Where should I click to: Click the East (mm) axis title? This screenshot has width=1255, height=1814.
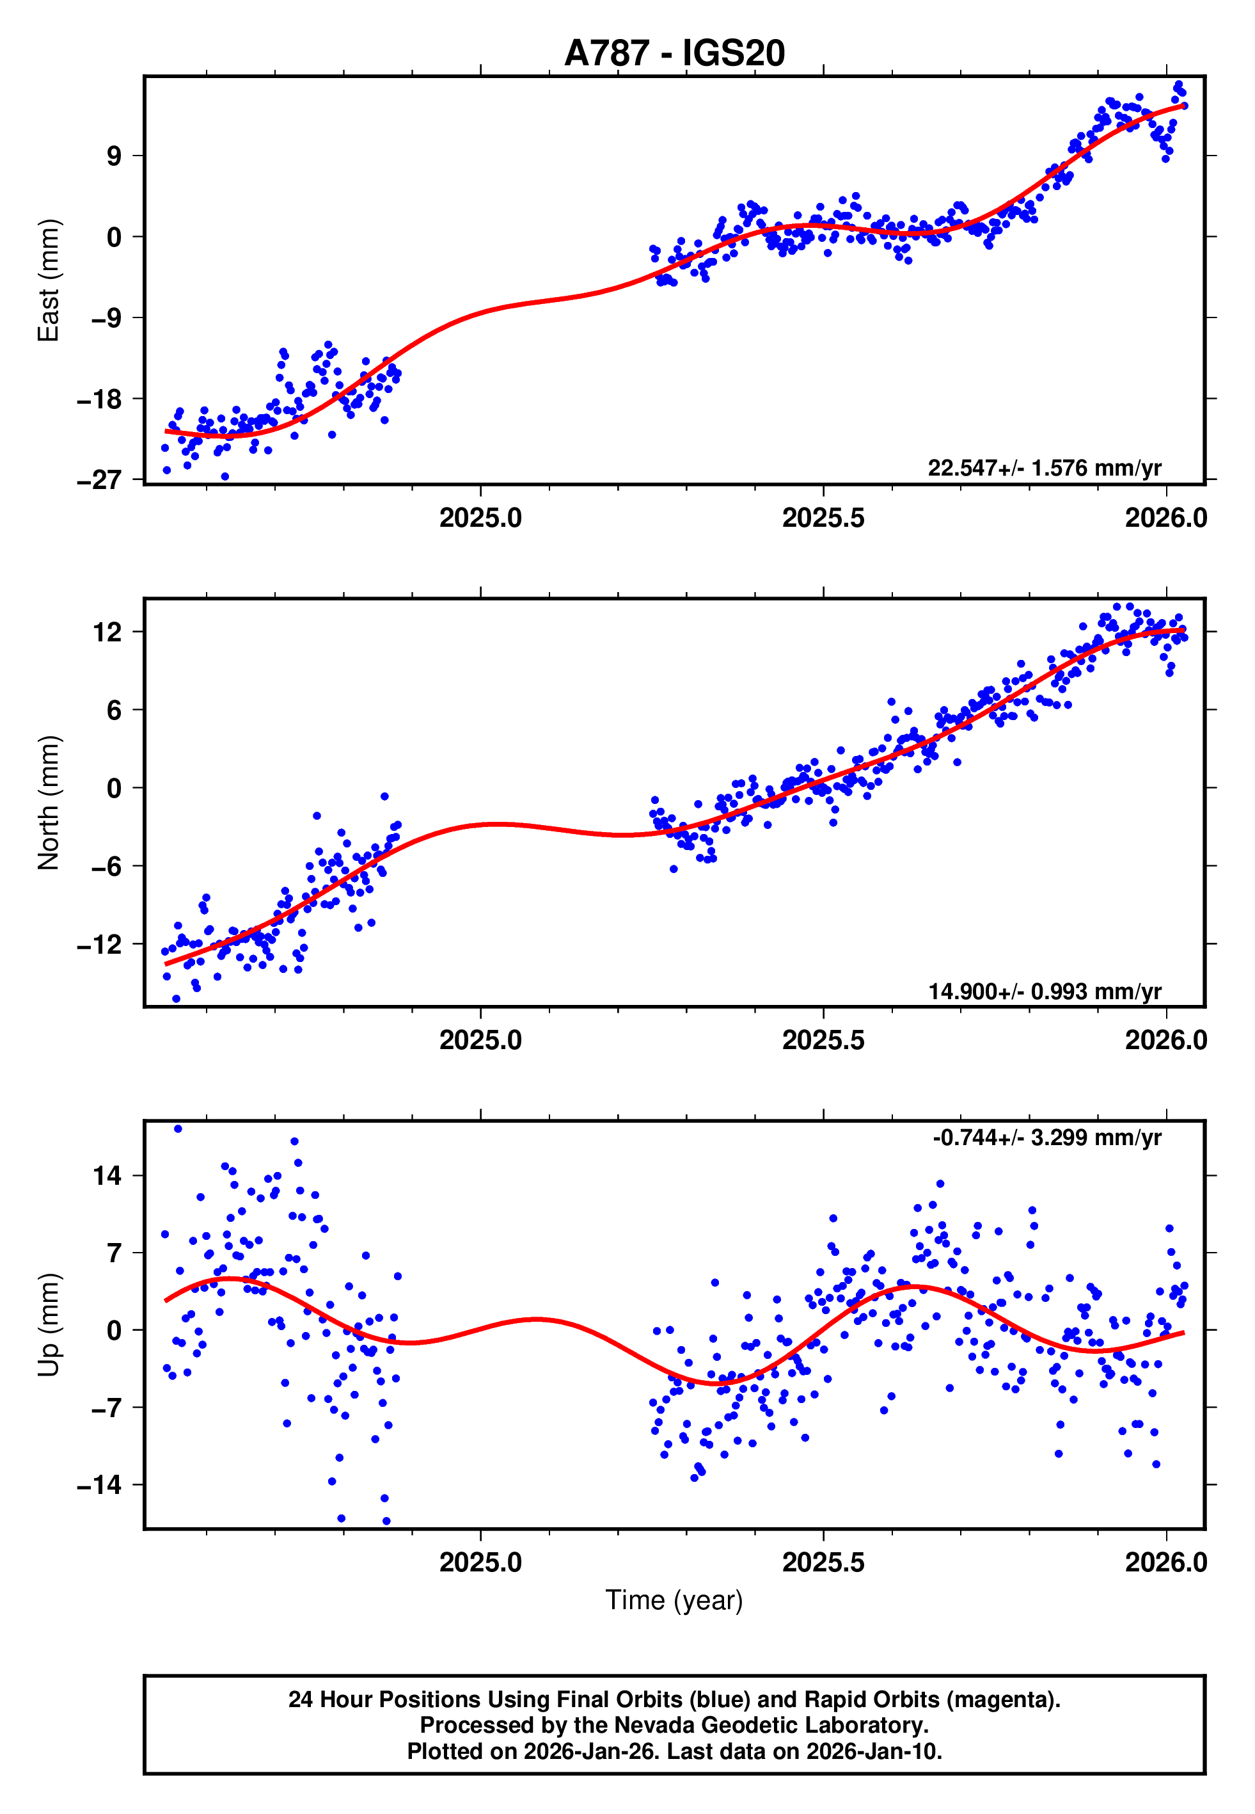click(x=49, y=281)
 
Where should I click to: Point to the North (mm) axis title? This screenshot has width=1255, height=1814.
click(x=49, y=803)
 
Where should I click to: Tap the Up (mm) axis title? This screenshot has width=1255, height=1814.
click(x=49, y=1325)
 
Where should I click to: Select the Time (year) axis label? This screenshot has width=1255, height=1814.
click(x=674, y=1599)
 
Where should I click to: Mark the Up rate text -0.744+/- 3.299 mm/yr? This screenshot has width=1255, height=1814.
click(x=1046, y=1137)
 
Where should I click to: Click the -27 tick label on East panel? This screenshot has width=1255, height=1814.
click(x=99, y=480)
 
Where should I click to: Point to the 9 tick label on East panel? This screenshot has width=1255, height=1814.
click(x=114, y=156)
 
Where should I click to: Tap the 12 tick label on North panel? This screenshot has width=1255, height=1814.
click(x=107, y=632)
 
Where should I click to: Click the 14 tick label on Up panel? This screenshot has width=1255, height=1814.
click(x=107, y=1176)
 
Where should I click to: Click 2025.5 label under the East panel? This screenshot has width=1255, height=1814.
click(x=823, y=518)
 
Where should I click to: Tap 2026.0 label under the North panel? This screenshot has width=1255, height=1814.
click(x=1165, y=1041)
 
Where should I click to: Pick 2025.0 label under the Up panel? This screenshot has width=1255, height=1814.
click(x=480, y=1562)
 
